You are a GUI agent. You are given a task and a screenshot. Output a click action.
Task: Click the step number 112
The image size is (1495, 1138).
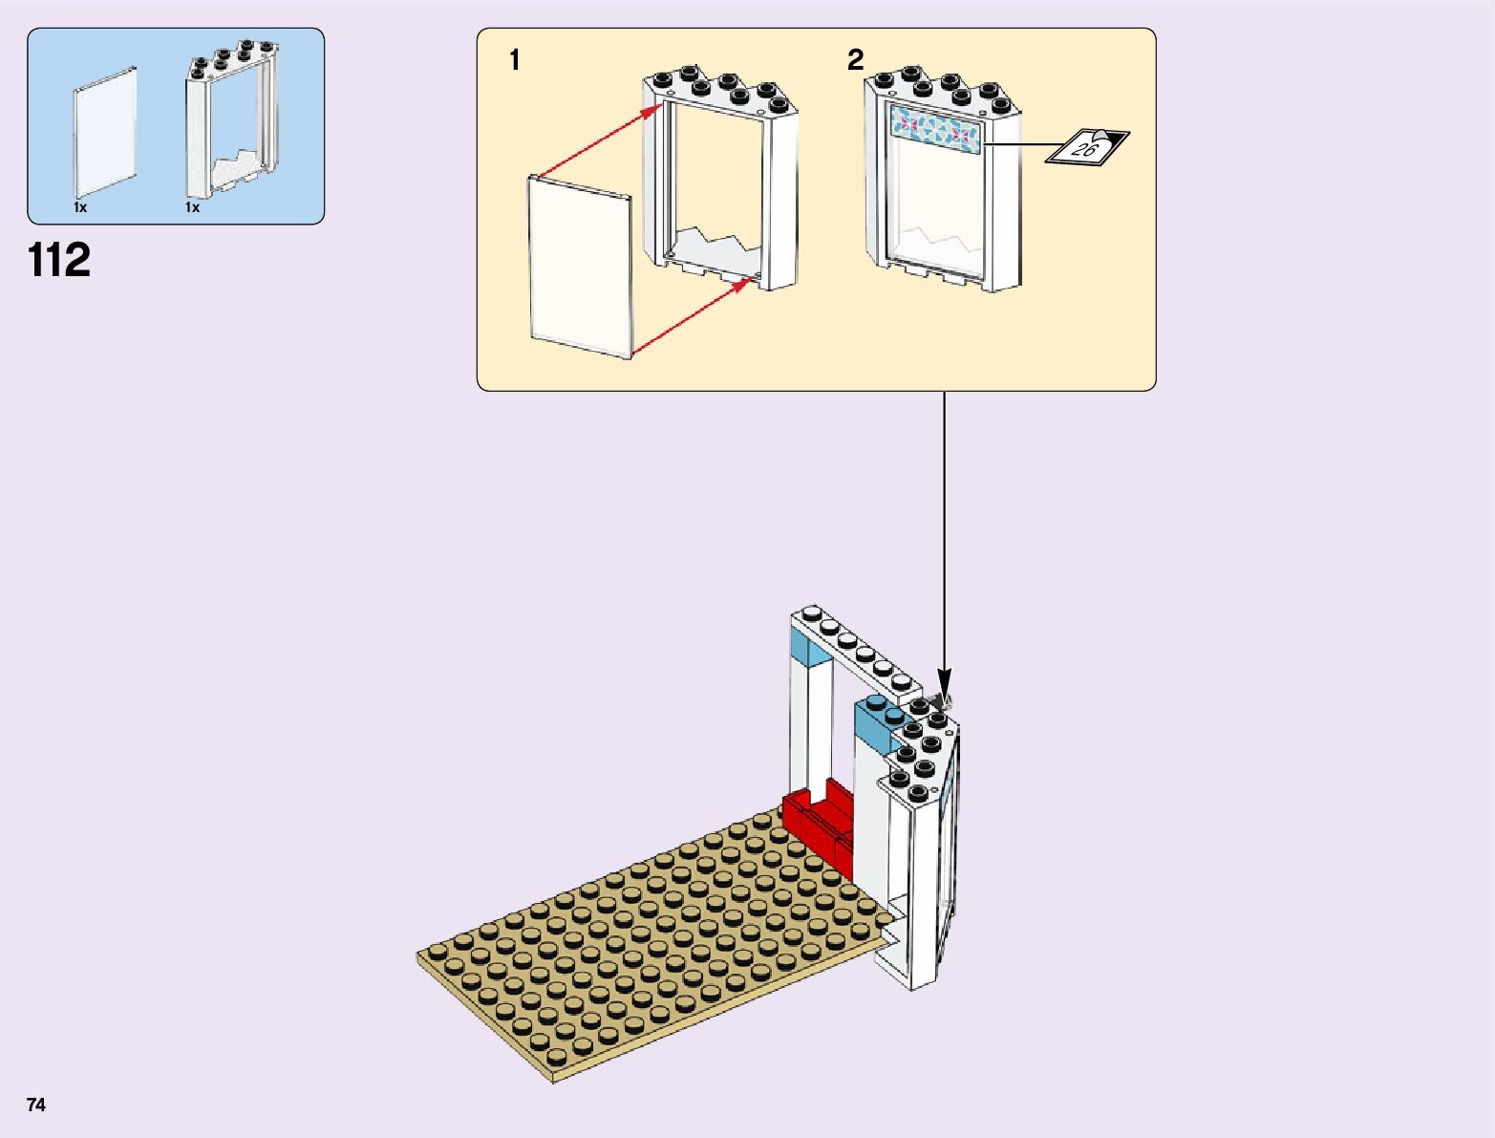[59, 260]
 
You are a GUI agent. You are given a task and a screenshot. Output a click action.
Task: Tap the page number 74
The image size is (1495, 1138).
[36, 1105]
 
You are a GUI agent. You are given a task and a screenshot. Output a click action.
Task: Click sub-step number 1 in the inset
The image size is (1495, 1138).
[515, 60]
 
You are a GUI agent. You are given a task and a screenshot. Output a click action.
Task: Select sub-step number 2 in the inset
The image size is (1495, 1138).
[855, 60]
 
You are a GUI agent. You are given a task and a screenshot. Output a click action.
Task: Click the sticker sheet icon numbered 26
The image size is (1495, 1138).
[1087, 146]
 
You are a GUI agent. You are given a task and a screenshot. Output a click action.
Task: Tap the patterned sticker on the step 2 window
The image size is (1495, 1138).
[935, 129]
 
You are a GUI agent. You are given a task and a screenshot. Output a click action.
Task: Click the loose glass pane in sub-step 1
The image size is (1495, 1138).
[580, 265]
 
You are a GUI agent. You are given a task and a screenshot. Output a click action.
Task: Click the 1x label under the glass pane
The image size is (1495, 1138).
[80, 207]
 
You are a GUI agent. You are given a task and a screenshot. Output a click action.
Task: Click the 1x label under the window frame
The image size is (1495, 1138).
[193, 207]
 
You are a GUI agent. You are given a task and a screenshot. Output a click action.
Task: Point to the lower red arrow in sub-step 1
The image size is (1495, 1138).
[691, 317]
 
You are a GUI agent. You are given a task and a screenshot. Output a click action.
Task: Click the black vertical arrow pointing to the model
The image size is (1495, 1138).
[944, 545]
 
